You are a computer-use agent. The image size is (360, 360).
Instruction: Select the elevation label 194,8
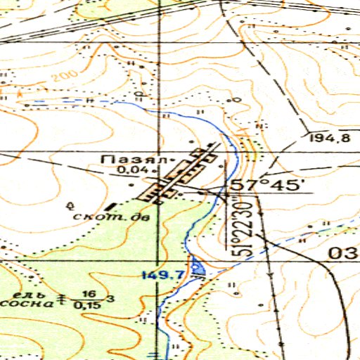[328, 138]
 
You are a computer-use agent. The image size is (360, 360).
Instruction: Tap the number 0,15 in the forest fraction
[86, 304]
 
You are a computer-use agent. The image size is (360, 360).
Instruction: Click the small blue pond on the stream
[199, 266]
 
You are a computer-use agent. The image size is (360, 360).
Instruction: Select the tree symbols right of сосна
[61, 299]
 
